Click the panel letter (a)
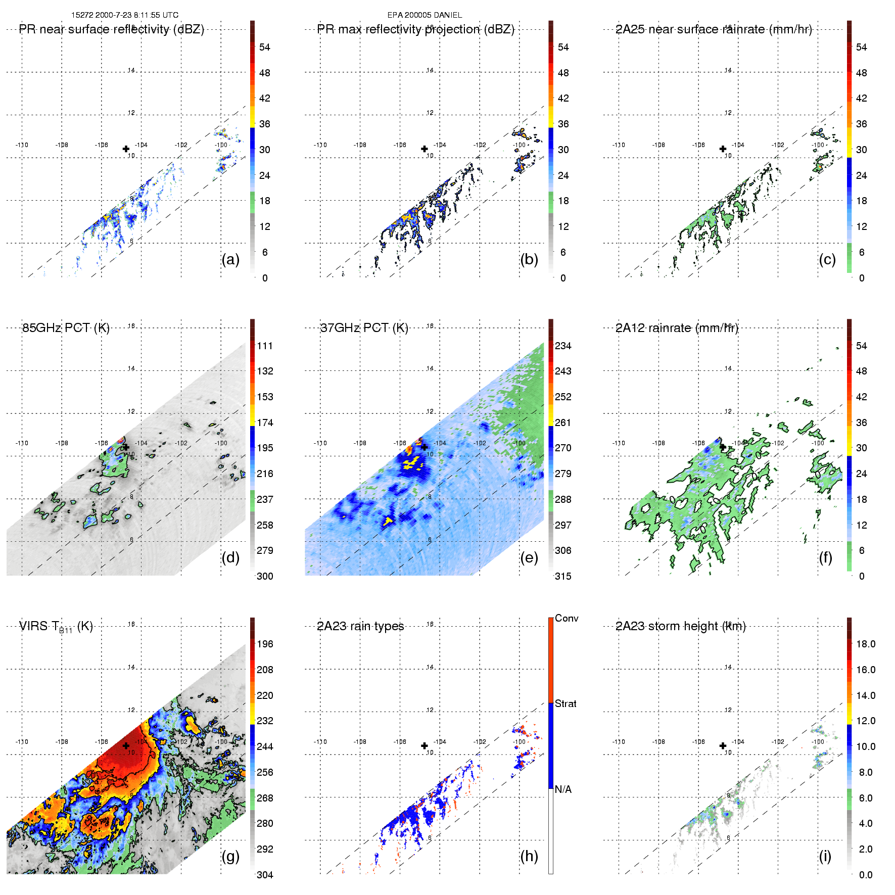point(230,259)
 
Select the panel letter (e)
point(529,557)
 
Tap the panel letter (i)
point(825,856)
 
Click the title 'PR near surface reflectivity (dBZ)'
point(112,29)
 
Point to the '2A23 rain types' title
point(360,626)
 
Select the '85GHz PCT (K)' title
point(66,328)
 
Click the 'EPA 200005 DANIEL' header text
point(425,15)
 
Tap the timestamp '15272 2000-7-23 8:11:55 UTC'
point(125,15)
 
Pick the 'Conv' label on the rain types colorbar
point(567,618)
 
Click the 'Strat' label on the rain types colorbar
point(566,703)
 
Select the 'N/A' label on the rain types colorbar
point(563,789)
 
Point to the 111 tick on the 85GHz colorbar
point(265,346)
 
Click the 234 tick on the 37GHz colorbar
point(563,346)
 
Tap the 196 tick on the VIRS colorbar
point(265,644)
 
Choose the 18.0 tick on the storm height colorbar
point(866,644)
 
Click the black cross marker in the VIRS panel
point(126,746)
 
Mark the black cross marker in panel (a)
point(126,149)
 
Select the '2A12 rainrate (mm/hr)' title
point(677,328)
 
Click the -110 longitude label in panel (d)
point(22,443)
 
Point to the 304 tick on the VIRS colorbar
point(265,875)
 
